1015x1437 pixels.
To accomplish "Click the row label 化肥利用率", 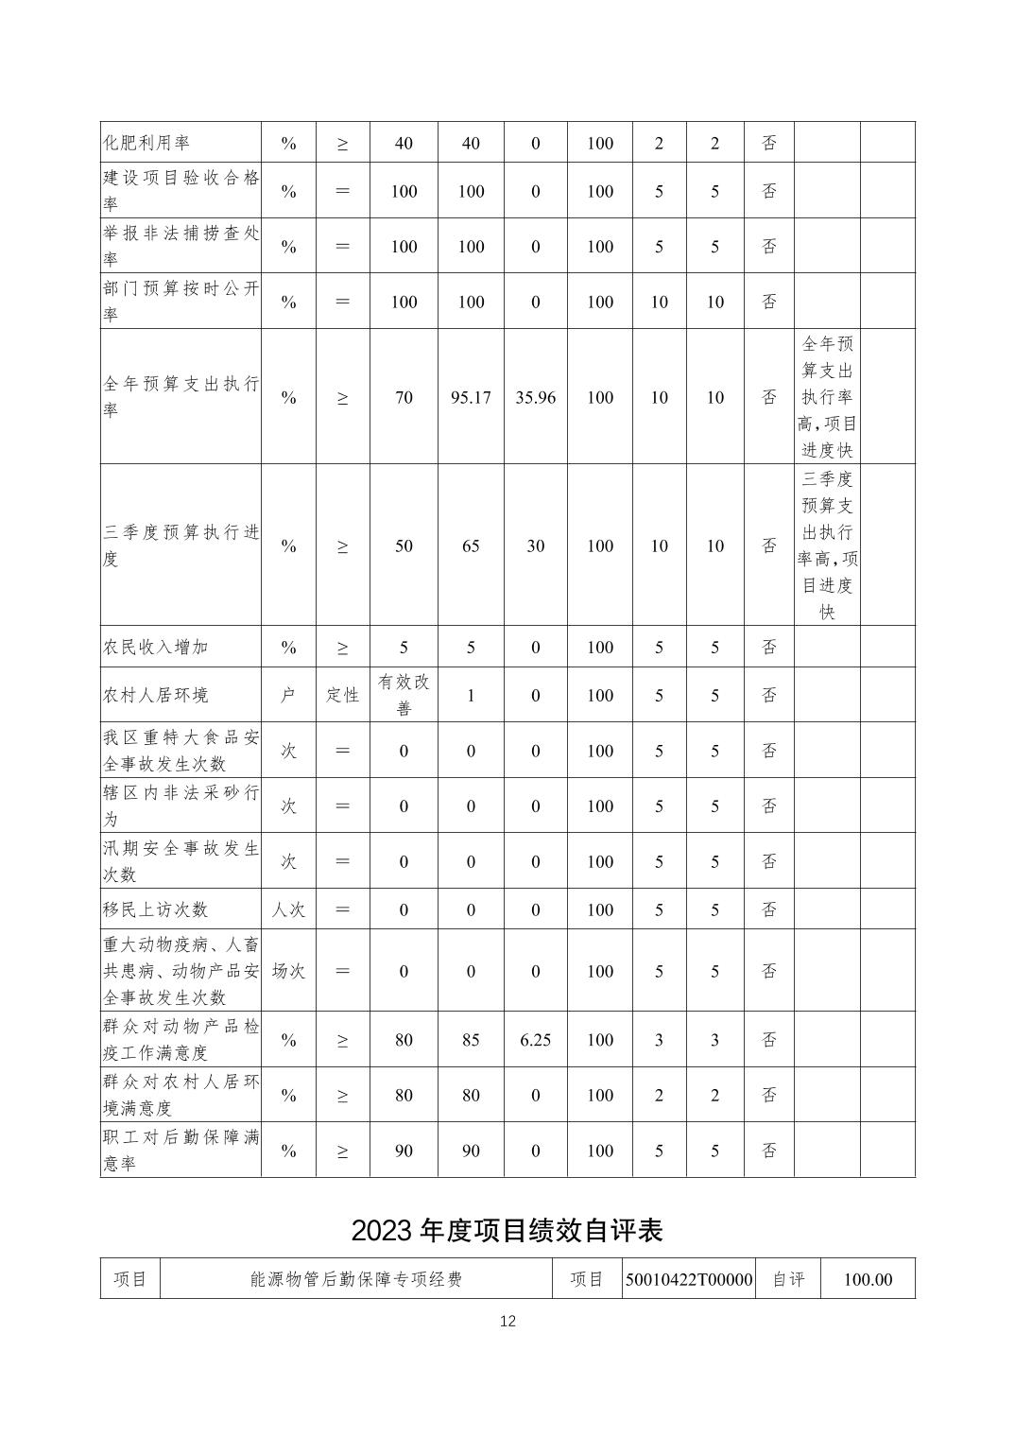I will coord(146,143).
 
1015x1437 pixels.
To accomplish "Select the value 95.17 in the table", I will coord(471,398).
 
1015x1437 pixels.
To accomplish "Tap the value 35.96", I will coord(535,398).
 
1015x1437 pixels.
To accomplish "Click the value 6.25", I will coord(535,1040).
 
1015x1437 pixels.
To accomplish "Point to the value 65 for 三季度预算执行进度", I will coord(471,546).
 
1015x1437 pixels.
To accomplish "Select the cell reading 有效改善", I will coord(404,695).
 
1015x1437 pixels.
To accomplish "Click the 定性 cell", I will coord(342,695).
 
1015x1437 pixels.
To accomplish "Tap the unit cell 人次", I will coord(288,909).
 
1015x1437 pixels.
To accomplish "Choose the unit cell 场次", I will coord(288,971).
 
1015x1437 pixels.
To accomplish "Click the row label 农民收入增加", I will coord(155,648).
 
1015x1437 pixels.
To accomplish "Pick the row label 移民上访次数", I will coord(155,909).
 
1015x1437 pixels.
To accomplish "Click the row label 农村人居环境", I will coord(155,695).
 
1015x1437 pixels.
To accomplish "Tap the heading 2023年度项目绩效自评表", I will coord(507,1230).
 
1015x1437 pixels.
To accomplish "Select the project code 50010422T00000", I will coord(689,1279).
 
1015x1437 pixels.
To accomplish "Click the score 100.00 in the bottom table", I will coord(867,1279).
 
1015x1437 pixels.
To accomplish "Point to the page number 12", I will coord(507,1321).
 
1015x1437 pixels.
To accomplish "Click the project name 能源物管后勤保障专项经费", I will coord(356,1279).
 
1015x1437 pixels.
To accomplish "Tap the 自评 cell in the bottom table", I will coord(788,1279).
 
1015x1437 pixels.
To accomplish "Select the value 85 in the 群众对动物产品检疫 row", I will coord(471,1040).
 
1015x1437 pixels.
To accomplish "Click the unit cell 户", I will coord(288,695).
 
